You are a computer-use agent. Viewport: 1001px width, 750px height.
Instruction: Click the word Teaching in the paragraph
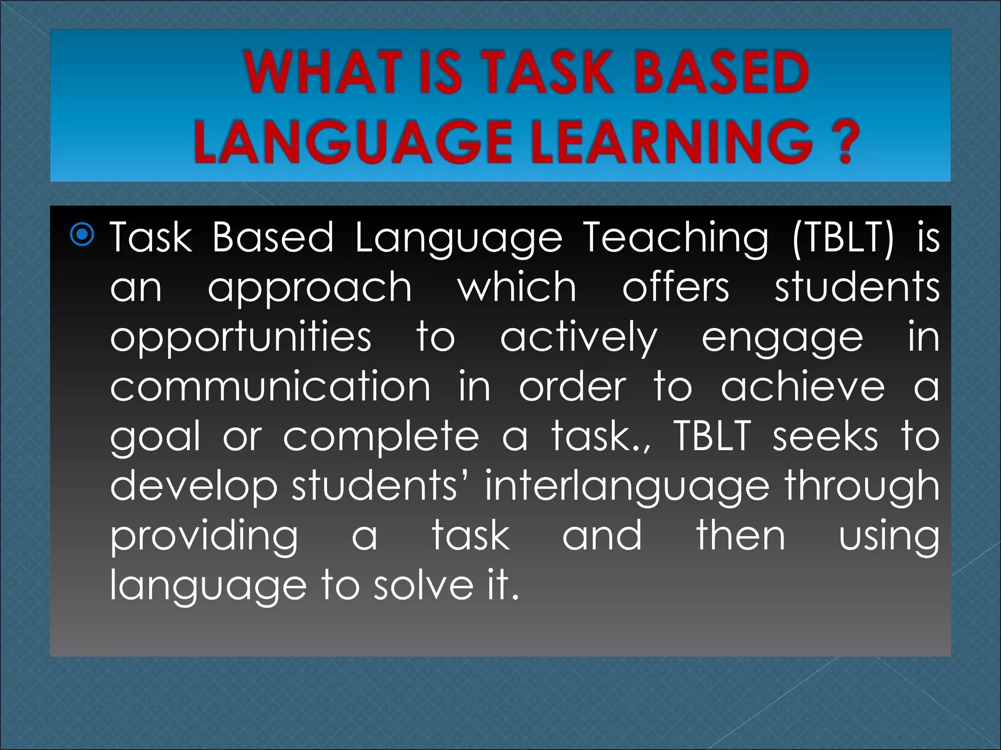pyautogui.click(x=676, y=238)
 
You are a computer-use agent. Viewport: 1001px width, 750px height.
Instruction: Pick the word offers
pyautogui.click(x=675, y=287)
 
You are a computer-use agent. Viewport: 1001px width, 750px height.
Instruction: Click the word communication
pyautogui.click(x=270, y=387)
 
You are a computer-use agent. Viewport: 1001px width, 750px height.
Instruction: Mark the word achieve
pyautogui.click(x=803, y=387)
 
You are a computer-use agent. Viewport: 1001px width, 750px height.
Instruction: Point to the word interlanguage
pyautogui.click(x=627, y=487)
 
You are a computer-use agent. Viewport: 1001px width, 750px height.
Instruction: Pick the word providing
pyautogui.click(x=204, y=537)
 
